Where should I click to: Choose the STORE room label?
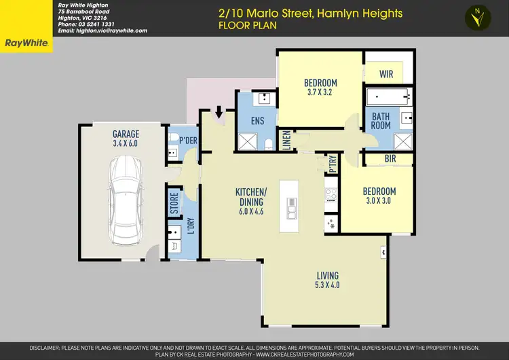[174, 204]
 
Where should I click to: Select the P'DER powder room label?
[188, 140]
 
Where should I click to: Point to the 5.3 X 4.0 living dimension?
[328, 285]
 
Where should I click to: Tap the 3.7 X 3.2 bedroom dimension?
[320, 92]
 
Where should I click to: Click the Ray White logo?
[26, 43]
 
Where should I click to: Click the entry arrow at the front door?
[219, 110]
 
